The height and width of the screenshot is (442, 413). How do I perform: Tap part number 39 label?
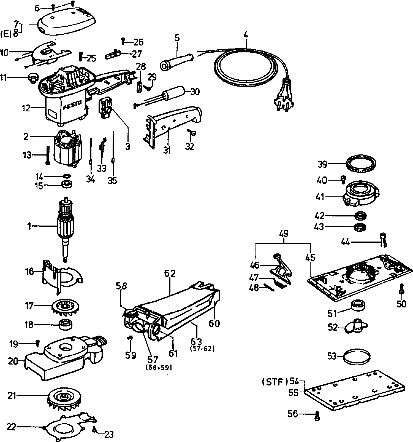322,164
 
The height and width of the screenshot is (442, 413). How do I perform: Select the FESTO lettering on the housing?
72,105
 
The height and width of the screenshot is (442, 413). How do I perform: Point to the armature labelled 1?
66,226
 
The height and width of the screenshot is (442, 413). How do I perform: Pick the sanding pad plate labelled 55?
355,392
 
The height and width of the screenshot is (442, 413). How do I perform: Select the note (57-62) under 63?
202,349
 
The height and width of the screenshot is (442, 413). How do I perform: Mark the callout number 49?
284,234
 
